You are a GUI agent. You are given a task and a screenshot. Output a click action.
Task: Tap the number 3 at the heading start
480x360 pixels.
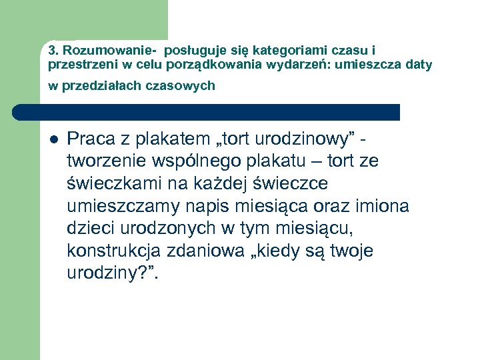51,51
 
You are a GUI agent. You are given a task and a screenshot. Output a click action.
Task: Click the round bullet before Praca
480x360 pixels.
54,140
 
